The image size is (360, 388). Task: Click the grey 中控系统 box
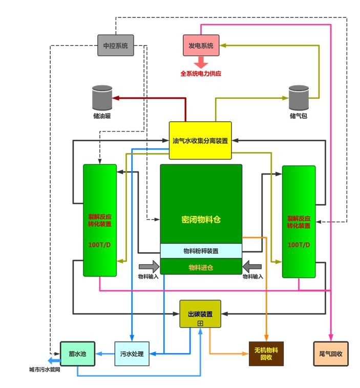tap(116, 46)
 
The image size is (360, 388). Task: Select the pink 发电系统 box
tap(201, 46)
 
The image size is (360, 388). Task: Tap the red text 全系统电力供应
tap(201, 74)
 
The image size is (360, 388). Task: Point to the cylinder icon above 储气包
tap(299, 97)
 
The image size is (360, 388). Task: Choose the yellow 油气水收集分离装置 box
tap(200, 140)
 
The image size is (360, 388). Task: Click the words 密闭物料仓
tap(201, 220)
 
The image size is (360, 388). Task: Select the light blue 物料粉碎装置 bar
tap(201, 251)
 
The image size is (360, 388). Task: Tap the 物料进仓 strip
tap(201, 267)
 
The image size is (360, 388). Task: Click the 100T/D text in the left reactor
tap(100, 245)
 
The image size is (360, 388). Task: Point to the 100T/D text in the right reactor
tap(299, 245)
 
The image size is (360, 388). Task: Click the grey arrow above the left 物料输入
tap(149, 266)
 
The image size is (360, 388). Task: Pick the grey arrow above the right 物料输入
tap(253, 266)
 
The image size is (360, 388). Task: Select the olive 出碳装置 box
tap(200, 314)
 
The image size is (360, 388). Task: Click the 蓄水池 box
tap(78, 354)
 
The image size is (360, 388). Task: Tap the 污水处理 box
tap(132, 354)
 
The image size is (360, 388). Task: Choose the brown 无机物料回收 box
tap(266, 354)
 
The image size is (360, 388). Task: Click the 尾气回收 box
tap(330, 354)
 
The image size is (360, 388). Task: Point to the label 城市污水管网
tap(45, 370)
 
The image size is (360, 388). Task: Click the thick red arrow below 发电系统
tap(201, 62)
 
